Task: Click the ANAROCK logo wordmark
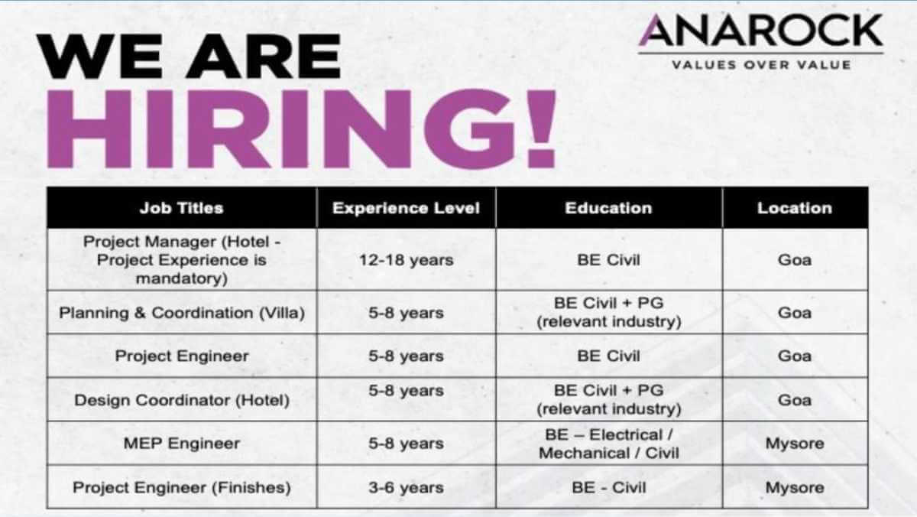[x=761, y=31]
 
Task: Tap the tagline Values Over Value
[x=761, y=65]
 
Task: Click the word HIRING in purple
[x=275, y=128]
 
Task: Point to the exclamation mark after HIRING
[x=541, y=128]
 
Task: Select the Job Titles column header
[x=181, y=208]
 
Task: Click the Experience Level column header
[x=406, y=208]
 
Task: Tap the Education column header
[x=608, y=208]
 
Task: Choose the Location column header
[x=794, y=208]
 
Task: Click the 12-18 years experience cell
[x=406, y=260]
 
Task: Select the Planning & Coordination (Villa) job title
[x=181, y=313]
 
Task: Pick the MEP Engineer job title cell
[x=181, y=444]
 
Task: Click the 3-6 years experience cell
[x=406, y=487]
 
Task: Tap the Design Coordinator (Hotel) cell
[x=181, y=400]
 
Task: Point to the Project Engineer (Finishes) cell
[x=181, y=487]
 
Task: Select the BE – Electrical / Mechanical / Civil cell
[x=608, y=444]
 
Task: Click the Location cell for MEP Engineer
[x=794, y=444]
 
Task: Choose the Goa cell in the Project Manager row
[x=794, y=260]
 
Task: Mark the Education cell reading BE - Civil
[x=608, y=487]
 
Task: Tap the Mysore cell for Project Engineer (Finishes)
[x=794, y=487]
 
